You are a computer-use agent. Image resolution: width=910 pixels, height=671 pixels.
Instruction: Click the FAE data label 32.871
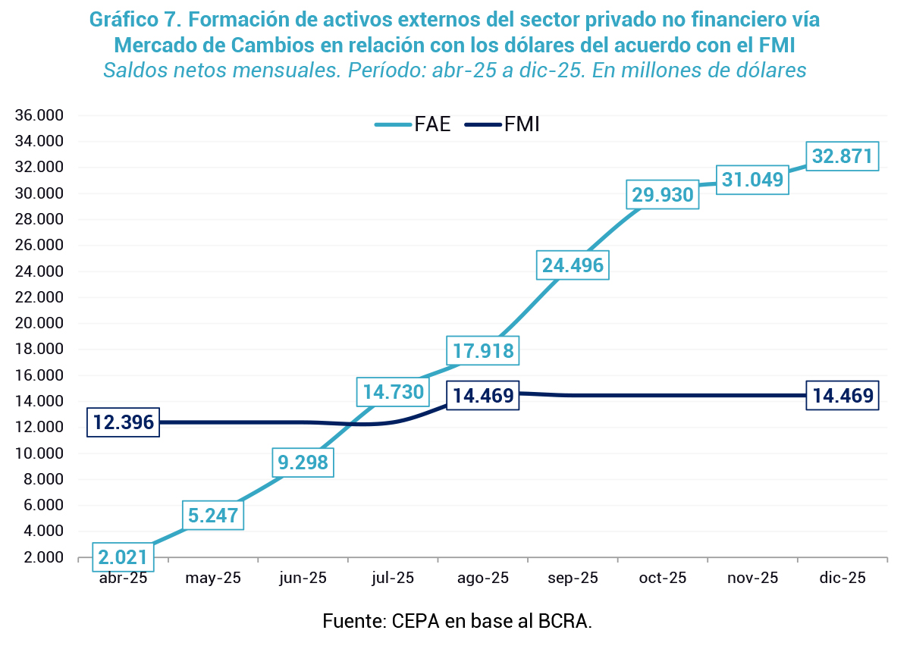pyautogui.click(x=843, y=156)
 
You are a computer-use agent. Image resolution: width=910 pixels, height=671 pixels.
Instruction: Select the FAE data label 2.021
pyautogui.click(x=122, y=558)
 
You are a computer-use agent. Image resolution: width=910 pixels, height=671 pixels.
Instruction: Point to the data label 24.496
pyautogui.click(x=573, y=265)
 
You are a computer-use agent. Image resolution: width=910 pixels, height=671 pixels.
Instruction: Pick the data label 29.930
pyautogui.click(x=663, y=196)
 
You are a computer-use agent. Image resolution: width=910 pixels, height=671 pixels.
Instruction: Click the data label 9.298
pyautogui.click(x=302, y=462)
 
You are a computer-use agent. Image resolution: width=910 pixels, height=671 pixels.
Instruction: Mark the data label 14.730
pyautogui.click(x=393, y=392)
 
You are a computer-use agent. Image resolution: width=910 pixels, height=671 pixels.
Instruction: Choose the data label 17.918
pyautogui.click(x=483, y=351)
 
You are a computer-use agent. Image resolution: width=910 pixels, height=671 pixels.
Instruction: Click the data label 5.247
pyautogui.click(x=213, y=516)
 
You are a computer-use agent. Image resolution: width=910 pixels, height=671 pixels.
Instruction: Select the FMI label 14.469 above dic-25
pyautogui.click(x=843, y=395)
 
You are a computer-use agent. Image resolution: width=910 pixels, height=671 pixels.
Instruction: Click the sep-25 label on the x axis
pyautogui.click(x=573, y=579)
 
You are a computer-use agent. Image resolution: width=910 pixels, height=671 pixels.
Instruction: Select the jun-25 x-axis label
pyautogui.click(x=303, y=579)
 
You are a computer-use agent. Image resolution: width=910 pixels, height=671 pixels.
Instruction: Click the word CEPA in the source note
pyautogui.click(x=413, y=622)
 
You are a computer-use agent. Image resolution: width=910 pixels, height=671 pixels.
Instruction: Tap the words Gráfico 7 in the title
pyautogui.click(x=137, y=20)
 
